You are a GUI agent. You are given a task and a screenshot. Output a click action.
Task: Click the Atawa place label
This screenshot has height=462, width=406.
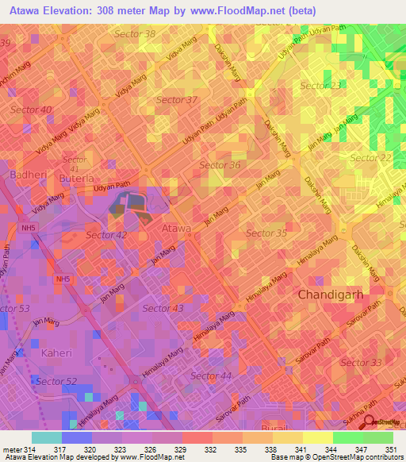(x=176, y=228)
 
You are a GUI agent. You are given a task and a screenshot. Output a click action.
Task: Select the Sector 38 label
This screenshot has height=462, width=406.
(x=135, y=33)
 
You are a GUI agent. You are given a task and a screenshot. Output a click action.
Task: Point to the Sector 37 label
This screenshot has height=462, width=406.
(x=177, y=99)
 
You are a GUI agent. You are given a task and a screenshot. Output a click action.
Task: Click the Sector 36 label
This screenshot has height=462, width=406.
(x=220, y=164)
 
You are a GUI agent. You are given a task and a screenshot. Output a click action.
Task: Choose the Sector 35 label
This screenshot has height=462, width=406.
(x=266, y=233)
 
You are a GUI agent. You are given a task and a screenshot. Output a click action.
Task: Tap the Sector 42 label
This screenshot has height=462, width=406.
(x=106, y=235)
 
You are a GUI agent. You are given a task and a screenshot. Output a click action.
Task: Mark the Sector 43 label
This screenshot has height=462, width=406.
(x=163, y=307)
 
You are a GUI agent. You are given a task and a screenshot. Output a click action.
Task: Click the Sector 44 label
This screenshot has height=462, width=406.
(x=211, y=375)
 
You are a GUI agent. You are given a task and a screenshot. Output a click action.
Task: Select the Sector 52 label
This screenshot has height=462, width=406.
(x=60, y=381)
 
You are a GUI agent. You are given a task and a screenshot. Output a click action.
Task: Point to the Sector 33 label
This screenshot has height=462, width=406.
(x=361, y=362)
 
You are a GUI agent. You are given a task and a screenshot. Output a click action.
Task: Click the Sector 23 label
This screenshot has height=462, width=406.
(x=321, y=85)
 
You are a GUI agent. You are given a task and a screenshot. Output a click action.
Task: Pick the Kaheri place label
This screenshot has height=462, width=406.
(x=61, y=352)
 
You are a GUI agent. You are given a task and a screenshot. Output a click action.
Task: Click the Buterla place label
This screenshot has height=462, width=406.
(x=76, y=179)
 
